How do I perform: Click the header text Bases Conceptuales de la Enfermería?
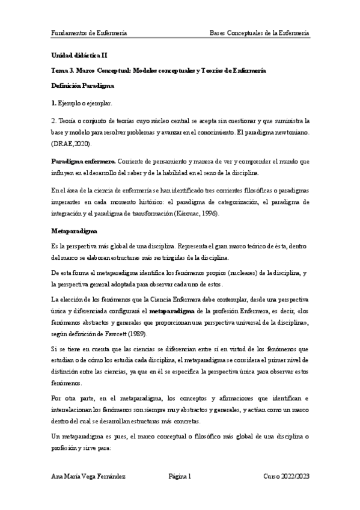tap(260, 32)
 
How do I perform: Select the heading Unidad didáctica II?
tap(79, 55)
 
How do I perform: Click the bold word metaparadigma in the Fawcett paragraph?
tap(172, 312)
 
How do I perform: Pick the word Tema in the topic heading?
tap(60, 70)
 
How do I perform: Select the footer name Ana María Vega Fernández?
tap(90, 476)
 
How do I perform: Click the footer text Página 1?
tap(180, 476)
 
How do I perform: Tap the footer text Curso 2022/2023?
tap(286, 476)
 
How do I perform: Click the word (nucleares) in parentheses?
tap(218, 274)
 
